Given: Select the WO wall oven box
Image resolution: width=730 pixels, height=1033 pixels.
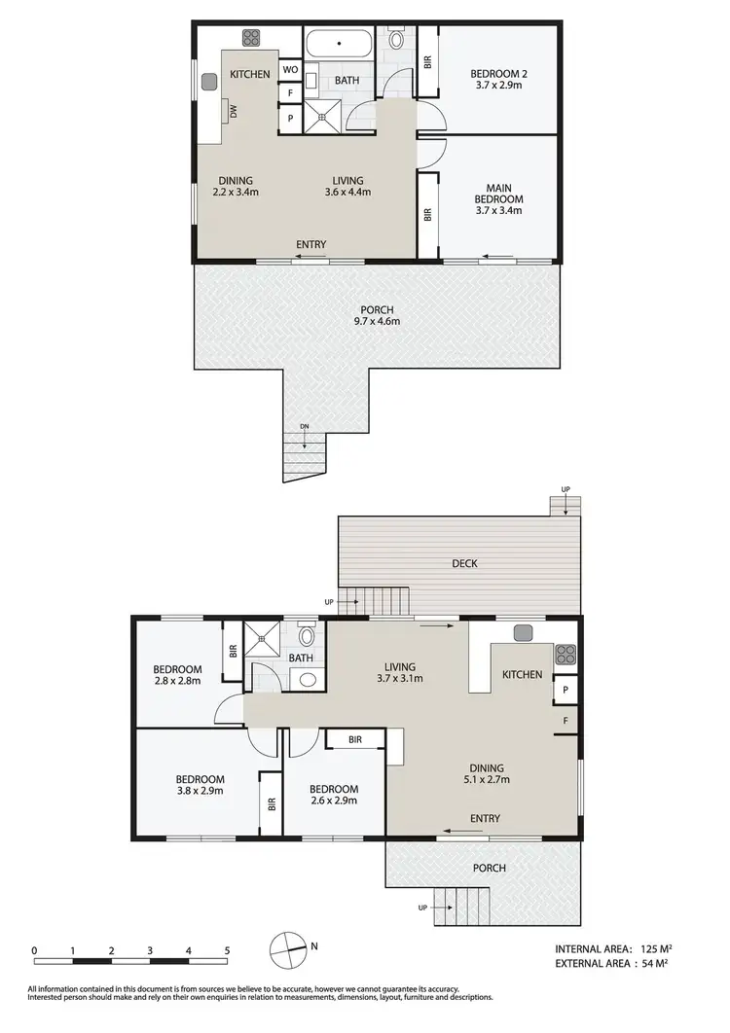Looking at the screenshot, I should (x=289, y=70).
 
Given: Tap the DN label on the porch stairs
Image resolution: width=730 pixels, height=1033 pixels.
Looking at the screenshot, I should (x=304, y=429).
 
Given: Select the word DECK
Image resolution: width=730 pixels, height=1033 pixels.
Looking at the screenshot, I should (x=464, y=562).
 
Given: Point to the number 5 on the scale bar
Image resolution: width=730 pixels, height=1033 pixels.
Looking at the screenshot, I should (x=227, y=950).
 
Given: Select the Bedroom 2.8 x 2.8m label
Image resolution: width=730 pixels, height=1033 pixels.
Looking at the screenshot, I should (x=177, y=675).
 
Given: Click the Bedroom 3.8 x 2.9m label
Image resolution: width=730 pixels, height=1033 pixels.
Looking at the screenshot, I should (x=200, y=785).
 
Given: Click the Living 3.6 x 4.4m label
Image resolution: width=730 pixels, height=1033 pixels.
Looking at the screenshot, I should (x=347, y=186).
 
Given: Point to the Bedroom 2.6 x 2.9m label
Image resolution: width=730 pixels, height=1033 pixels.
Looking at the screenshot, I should (x=333, y=795).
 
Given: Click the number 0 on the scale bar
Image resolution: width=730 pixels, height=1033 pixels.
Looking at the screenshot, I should (x=34, y=950).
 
